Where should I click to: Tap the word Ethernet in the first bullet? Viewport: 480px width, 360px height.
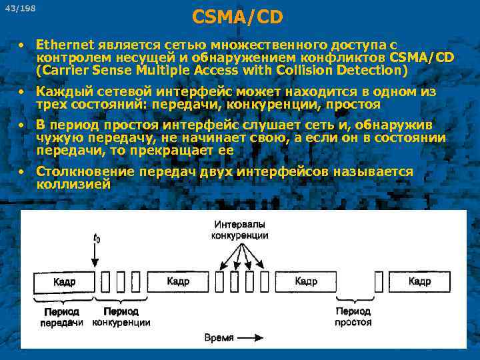click(66, 45)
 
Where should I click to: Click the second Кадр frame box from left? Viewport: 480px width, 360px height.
click(178, 282)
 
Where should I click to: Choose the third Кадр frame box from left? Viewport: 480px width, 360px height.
click(306, 282)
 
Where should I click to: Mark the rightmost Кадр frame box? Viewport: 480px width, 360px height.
click(419, 282)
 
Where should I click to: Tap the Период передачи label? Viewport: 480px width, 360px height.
click(61, 317)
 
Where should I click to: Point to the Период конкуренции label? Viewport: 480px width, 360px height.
click(121, 317)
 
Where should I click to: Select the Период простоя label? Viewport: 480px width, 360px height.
click(353, 317)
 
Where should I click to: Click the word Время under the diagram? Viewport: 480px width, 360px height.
click(219, 337)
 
